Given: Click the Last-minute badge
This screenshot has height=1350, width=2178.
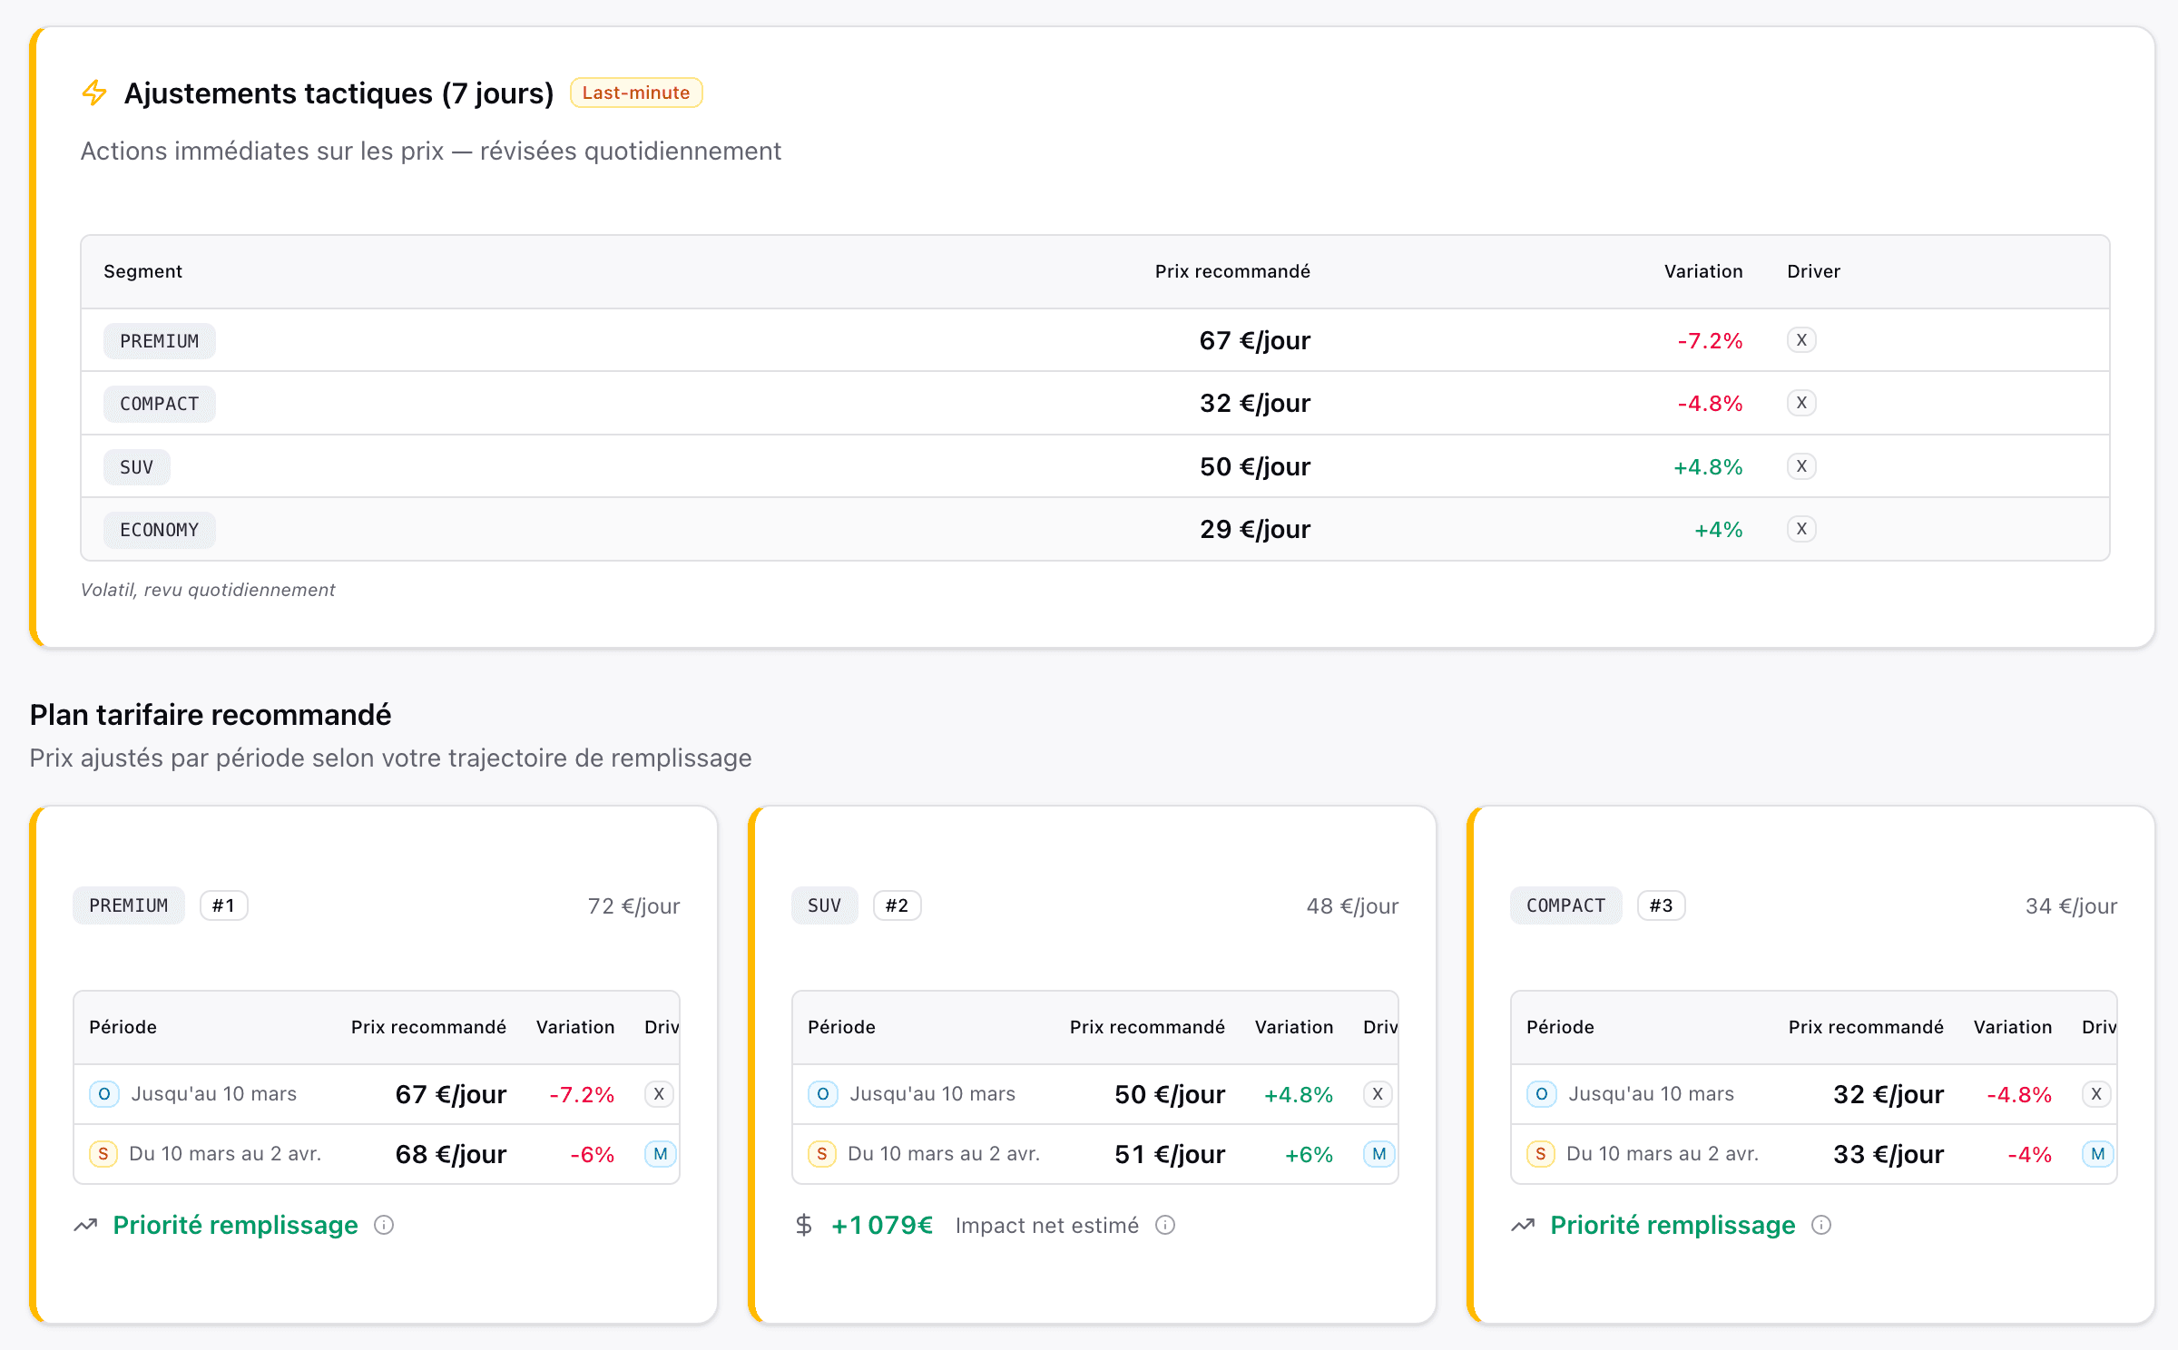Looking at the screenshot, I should click(635, 93).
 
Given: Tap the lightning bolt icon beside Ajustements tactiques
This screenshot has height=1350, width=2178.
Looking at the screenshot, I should click(94, 93).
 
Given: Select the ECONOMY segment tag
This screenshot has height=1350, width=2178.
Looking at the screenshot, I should click(159, 530).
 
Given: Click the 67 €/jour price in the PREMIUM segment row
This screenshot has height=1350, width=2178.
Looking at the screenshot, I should click(1254, 341).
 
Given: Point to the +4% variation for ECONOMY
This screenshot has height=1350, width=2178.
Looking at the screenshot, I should click(1718, 530).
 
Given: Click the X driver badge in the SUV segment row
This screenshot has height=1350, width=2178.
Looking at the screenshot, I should click(1801, 466).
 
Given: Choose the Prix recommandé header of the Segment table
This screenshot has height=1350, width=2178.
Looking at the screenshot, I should click(1231, 271).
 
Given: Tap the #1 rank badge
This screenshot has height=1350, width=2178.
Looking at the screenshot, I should click(223, 905).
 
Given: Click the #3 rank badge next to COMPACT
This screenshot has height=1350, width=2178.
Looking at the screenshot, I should click(1661, 905).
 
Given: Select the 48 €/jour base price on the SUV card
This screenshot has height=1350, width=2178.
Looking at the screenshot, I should click(1351, 906).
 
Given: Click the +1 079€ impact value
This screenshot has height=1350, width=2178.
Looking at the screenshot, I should click(881, 1226).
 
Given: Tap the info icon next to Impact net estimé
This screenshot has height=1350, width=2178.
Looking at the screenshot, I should click(1165, 1226).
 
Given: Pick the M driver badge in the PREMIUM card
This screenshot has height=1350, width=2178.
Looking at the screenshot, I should click(660, 1154).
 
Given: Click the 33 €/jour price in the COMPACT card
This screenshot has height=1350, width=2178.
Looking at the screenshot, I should click(1888, 1154).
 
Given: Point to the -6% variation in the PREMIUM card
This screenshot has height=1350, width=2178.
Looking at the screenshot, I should click(592, 1155).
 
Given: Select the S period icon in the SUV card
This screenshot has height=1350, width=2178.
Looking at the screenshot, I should click(821, 1154).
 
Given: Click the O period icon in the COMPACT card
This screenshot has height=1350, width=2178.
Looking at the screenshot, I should click(1541, 1094).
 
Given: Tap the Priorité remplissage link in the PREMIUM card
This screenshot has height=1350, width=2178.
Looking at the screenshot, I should click(235, 1226).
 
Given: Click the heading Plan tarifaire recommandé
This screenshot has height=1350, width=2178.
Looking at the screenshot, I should click(211, 715).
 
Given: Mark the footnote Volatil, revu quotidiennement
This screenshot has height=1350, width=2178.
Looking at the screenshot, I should click(208, 590).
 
